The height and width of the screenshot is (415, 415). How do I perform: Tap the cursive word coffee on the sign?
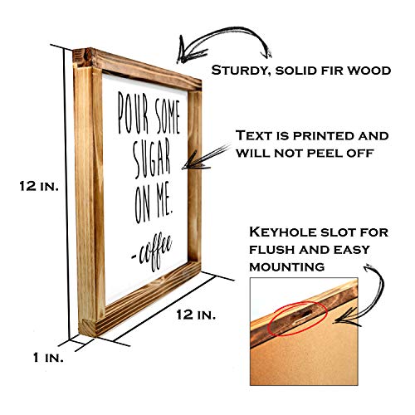point(152,252)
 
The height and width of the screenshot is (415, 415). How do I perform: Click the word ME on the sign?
point(163,204)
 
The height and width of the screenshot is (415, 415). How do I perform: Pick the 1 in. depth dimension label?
point(48,358)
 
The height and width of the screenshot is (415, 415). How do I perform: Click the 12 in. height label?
point(39,186)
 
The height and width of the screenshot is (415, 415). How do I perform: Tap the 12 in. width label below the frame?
point(196,315)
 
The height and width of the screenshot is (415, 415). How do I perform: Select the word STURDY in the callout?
point(241,71)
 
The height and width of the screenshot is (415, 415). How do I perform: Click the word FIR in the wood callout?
point(333,71)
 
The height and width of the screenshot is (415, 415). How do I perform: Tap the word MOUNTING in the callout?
point(287,267)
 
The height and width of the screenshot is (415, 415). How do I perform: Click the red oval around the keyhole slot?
point(297,319)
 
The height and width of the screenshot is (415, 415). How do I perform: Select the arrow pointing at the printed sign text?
point(206,158)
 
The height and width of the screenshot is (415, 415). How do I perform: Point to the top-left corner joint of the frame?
point(83,59)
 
